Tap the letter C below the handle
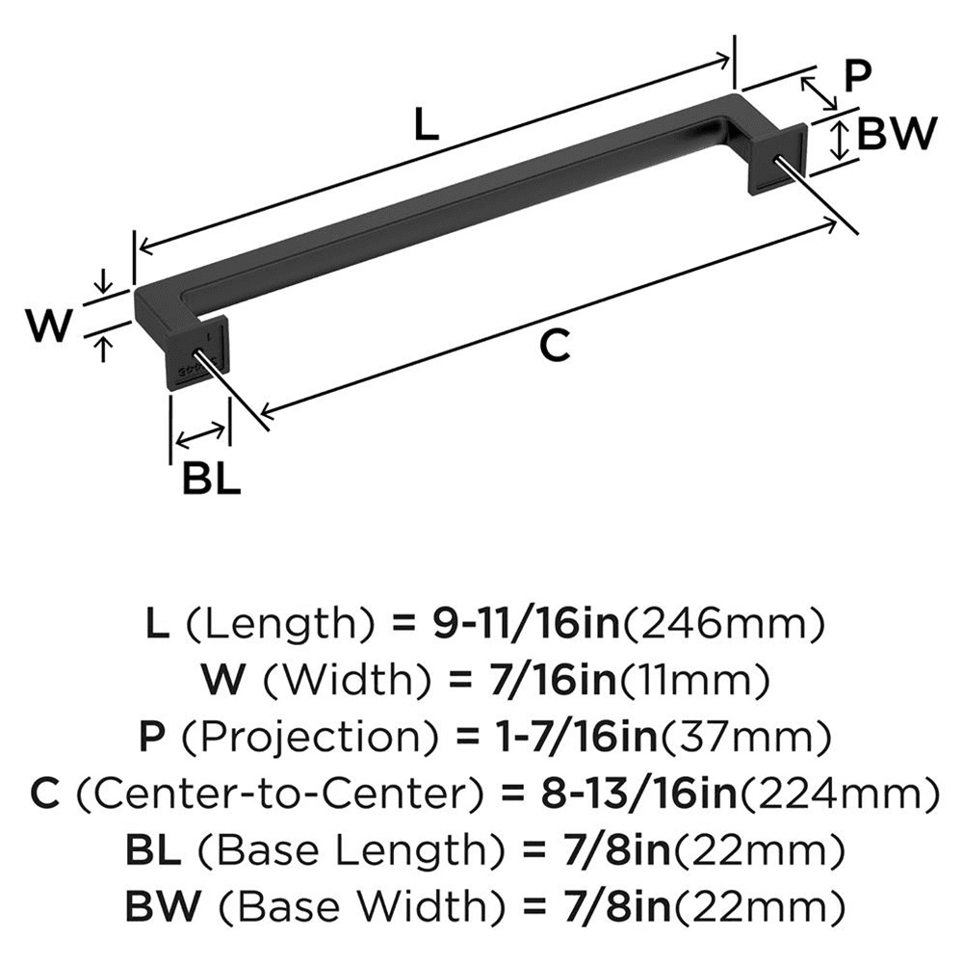click(x=556, y=345)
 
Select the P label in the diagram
click(x=857, y=76)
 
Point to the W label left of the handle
click(x=48, y=326)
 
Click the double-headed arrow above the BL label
click(x=200, y=434)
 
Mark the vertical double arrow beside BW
click(x=840, y=140)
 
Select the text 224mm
click(x=846, y=794)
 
